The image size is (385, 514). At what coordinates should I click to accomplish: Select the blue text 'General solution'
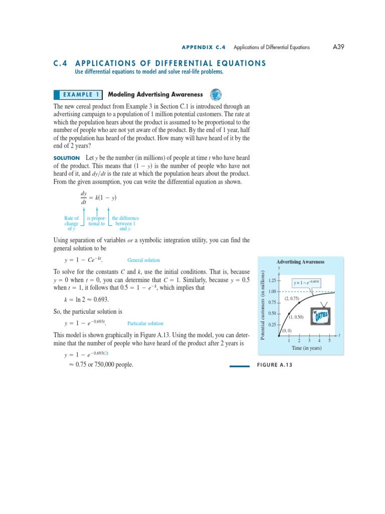(144, 260)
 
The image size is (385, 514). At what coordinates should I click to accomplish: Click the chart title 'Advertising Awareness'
(300, 262)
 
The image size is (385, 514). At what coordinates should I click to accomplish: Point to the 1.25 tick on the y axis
(273, 280)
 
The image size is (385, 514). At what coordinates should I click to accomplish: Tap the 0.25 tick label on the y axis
(273, 324)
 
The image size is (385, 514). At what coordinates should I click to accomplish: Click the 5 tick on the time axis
(329, 341)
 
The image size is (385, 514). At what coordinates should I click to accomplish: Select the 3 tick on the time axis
(309, 341)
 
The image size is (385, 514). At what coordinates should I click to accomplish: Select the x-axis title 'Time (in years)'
(306, 348)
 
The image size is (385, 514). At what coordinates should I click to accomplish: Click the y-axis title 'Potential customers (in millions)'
(263, 304)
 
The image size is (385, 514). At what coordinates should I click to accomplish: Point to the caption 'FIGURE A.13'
(274, 365)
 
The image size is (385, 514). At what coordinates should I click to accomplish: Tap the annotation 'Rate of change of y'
(71, 223)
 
